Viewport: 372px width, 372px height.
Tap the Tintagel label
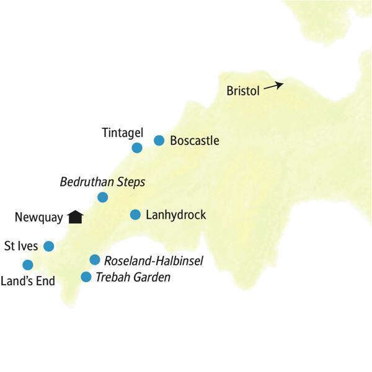coord(123,132)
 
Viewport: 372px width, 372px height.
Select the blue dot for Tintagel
coord(137,148)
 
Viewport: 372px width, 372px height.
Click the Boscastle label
coord(194,141)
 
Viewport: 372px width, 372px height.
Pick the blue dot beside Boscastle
coord(159,140)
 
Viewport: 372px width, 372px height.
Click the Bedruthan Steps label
coord(102,182)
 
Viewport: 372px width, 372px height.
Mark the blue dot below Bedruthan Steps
coord(103,197)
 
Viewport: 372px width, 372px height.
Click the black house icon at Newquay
coord(76,216)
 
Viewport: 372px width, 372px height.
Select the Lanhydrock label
coord(175,215)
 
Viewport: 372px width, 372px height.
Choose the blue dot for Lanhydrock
coord(135,215)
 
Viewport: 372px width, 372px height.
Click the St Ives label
coord(20,246)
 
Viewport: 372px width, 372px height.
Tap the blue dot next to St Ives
coord(48,246)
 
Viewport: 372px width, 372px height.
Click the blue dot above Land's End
coord(27,265)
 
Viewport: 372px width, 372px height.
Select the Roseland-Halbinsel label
coord(154,260)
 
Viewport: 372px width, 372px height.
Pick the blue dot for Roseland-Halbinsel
coord(94,260)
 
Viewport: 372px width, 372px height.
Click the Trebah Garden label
coord(133,277)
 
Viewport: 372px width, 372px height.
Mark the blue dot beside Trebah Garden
coord(86,277)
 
